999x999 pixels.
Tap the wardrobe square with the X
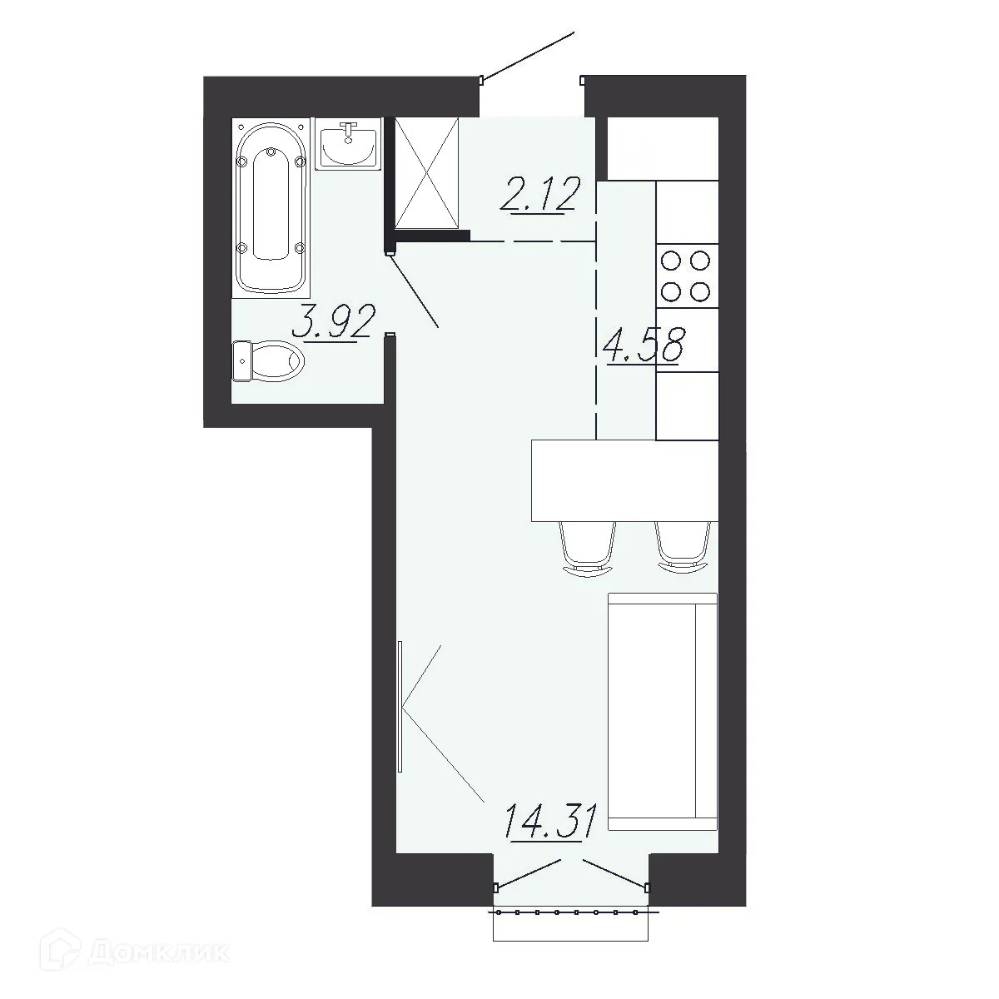tap(427, 172)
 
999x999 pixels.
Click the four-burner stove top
tap(687, 276)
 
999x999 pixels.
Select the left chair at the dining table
tap(589, 549)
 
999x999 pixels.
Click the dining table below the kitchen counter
tap(624, 481)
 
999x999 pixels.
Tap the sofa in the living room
tap(662, 712)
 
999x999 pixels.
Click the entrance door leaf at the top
tap(528, 57)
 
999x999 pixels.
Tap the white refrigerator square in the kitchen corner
tap(663, 148)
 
